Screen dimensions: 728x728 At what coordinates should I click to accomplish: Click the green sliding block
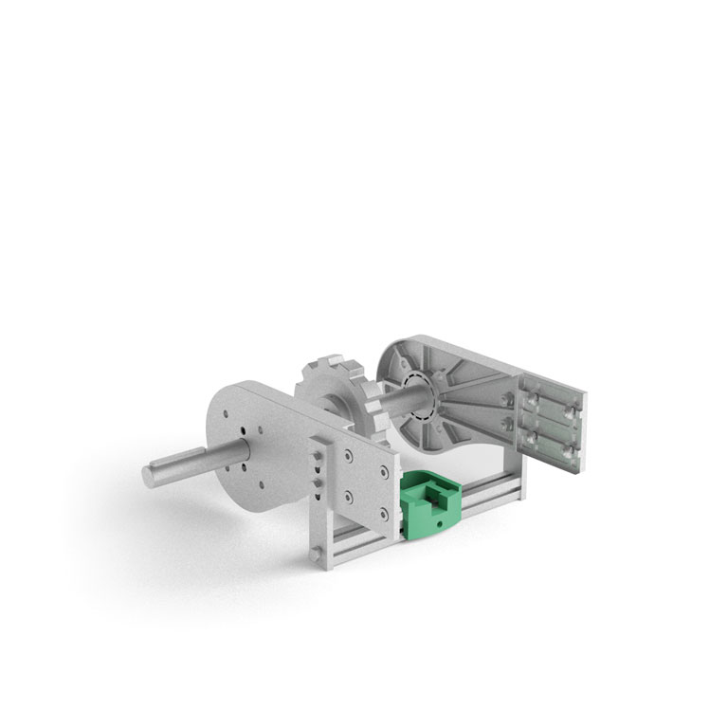point(431,501)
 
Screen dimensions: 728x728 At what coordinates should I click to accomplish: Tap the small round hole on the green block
point(440,522)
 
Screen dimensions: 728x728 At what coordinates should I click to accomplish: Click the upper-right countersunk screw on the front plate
point(383,472)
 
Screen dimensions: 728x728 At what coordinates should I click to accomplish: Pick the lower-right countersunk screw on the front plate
point(383,513)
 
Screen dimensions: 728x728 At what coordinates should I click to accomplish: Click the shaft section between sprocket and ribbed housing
point(389,401)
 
